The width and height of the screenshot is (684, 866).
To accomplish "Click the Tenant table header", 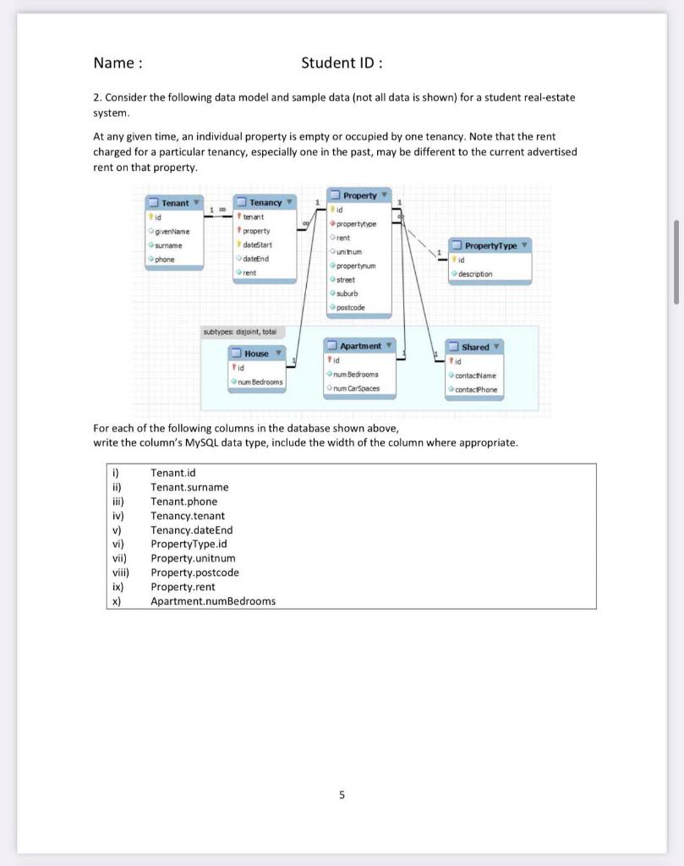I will click(174, 203).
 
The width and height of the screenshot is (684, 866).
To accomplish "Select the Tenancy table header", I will click(265, 202).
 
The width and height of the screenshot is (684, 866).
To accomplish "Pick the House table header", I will click(256, 354).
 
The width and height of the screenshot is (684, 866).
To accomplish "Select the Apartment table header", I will click(360, 346).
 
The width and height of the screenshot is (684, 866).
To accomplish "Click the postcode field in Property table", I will click(350, 308).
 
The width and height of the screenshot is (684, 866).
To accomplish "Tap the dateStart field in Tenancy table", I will click(257, 244).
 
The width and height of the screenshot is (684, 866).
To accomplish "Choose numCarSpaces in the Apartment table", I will click(356, 388).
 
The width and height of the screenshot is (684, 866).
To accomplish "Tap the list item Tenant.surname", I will click(189, 487).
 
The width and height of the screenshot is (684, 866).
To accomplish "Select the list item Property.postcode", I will click(194, 573).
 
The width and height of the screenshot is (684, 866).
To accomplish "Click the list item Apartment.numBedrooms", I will click(213, 601).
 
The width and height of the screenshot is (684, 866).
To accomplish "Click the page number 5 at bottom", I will click(342, 795).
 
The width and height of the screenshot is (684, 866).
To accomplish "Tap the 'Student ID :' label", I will click(342, 63).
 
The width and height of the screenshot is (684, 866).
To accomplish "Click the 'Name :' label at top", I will click(118, 63).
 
